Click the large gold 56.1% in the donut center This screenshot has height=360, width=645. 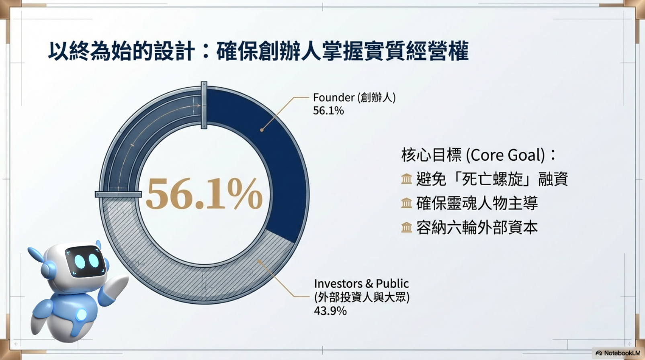tap(204, 193)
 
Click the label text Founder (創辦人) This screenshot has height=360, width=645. tap(354, 98)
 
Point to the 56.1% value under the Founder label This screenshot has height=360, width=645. tap(328, 111)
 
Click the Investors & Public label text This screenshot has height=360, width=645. tap(361, 290)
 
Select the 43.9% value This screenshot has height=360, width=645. tap(330, 311)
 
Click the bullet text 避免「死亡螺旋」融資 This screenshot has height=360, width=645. tap(492, 179)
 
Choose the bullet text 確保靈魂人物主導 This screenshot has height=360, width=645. tap(477, 203)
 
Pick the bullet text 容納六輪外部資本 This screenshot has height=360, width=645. tap(477, 227)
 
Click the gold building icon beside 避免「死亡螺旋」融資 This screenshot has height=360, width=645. tap(407, 179)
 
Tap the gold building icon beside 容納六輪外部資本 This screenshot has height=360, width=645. tap(407, 227)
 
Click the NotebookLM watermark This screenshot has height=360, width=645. tap(618, 353)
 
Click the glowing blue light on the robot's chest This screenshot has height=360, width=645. tap(82, 315)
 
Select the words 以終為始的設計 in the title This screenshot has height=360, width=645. tap(121, 51)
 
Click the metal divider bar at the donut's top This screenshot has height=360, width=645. tap(204, 105)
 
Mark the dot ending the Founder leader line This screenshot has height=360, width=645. tap(262, 130)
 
